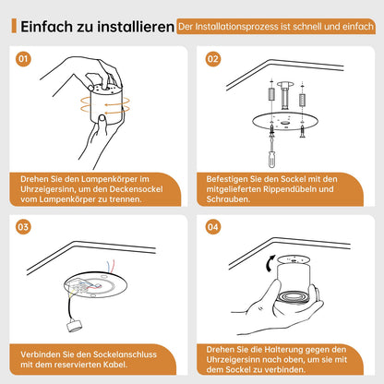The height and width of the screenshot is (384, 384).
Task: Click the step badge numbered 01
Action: coord(25,60)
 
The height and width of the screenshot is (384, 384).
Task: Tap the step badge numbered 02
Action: coord(213,60)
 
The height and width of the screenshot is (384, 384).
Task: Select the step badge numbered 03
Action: coord(25,226)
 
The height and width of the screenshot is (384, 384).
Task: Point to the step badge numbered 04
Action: coord(213,226)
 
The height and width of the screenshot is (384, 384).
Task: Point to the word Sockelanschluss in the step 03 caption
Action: coord(120,354)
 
